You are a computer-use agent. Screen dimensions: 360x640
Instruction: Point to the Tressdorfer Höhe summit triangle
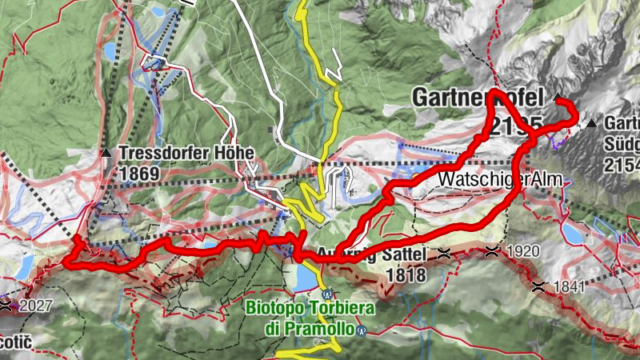(x=106, y=152)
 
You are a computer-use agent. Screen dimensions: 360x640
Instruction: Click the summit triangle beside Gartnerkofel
(x=558, y=97)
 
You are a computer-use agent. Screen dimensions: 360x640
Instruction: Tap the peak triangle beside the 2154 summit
(x=591, y=123)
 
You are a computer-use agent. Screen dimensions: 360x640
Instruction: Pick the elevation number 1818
(x=406, y=274)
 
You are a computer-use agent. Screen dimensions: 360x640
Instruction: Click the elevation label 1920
(x=523, y=251)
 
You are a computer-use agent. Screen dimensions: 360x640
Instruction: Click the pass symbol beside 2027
(x=6, y=305)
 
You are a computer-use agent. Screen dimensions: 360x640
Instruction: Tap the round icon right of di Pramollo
(x=362, y=330)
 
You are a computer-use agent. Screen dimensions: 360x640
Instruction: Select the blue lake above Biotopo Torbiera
(x=305, y=277)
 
